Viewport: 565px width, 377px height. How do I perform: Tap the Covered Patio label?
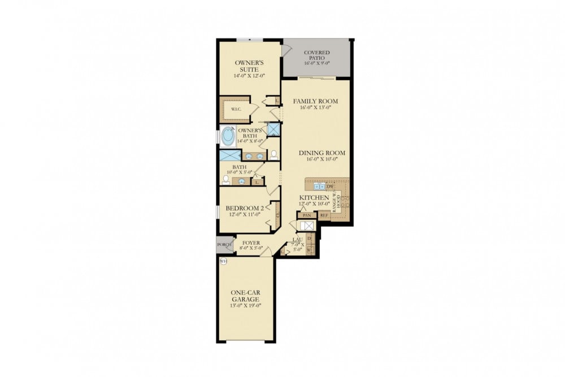click(316, 55)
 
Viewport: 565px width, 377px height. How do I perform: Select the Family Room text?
click(315, 102)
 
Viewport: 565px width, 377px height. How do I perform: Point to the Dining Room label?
click(321, 153)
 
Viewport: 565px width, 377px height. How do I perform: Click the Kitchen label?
click(314, 197)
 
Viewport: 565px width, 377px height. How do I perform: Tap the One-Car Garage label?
click(245, 296)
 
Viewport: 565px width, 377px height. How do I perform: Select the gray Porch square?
click(224, 245)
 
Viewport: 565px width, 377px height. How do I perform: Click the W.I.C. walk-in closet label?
click(236, 110)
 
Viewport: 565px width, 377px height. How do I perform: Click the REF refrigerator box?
click(324, 215)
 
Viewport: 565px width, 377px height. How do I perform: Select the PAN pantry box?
click(307, 215)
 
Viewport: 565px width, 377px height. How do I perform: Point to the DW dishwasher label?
click(331, 186)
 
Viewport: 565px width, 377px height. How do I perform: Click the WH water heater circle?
click(223, 261)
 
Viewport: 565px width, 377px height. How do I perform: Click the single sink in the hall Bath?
click(242, 181)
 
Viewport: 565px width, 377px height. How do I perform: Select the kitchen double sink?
click(319, 185)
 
